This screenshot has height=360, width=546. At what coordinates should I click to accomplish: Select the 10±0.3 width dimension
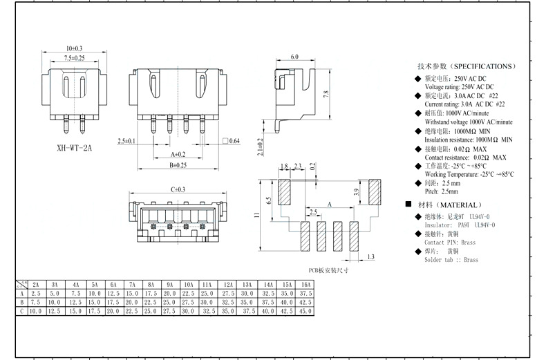(74, 48)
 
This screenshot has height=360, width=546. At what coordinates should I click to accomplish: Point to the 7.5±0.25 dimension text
(74, 59)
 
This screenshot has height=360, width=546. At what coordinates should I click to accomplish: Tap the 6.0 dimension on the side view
(295, 57)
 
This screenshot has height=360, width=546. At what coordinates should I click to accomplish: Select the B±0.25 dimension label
(178, 165)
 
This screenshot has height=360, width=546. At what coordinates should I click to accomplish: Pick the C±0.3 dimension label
(178, 189)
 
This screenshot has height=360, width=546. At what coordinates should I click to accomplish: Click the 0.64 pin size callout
(234, 141)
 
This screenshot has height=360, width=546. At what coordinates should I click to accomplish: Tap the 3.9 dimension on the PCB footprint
(357, 196)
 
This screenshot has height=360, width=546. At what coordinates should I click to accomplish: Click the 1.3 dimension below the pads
(371, 257)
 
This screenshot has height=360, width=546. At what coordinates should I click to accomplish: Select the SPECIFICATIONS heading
(466, 66)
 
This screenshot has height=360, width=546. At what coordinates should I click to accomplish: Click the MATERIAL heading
(449, 205)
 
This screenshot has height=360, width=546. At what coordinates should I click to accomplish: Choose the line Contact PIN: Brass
(450, 243)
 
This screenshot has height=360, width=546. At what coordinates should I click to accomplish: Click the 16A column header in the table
(306, 284)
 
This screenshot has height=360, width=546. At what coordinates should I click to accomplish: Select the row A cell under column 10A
(188, 293)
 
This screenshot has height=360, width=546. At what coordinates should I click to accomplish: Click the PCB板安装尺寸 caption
(328, 270)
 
